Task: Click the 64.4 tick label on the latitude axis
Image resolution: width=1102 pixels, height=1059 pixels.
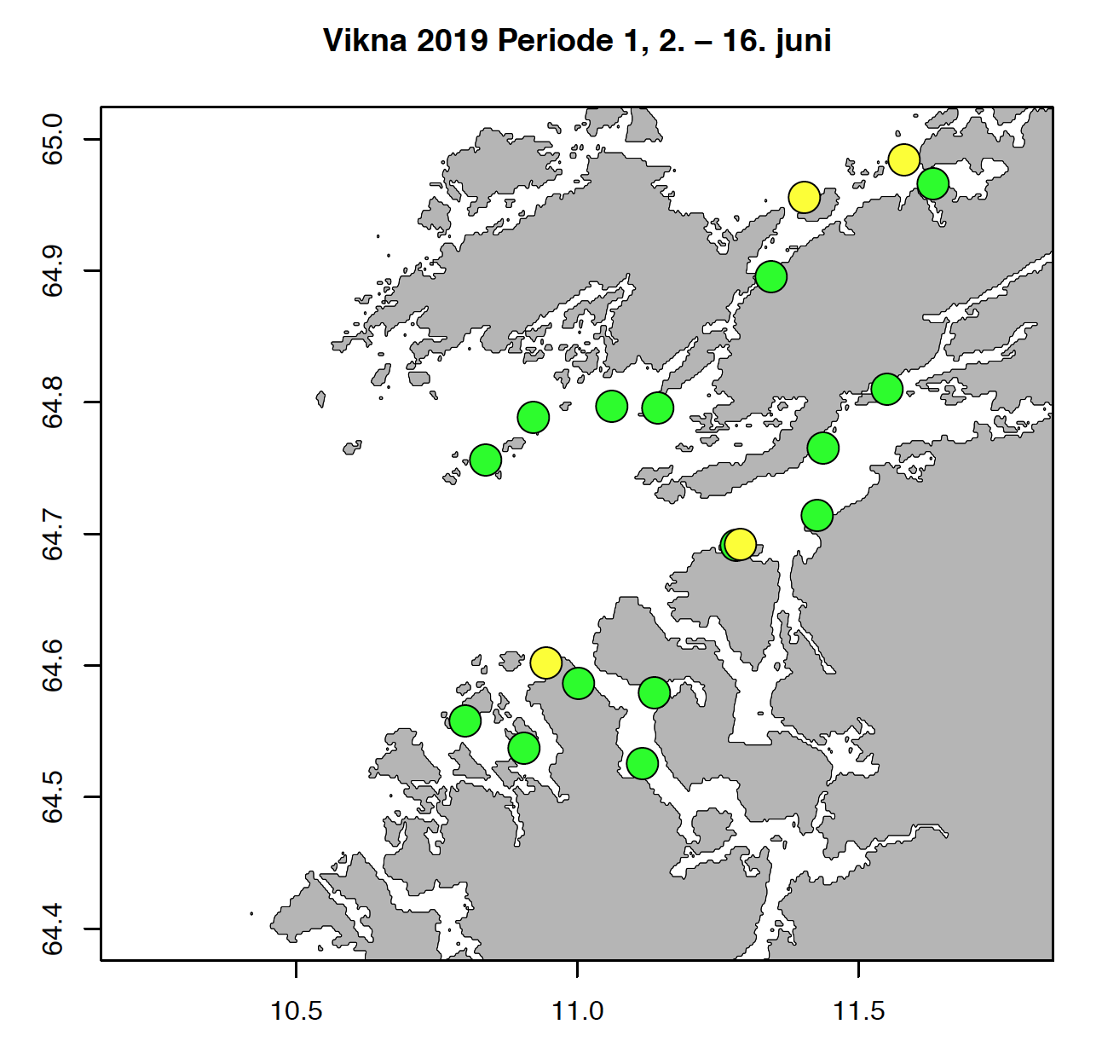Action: [x=52, y=929]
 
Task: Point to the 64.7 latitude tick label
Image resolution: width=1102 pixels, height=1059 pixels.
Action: [x=52, y=535]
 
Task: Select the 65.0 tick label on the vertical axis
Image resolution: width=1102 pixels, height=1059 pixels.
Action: [x=52, y=140]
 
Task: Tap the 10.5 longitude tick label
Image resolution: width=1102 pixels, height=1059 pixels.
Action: [x=296, y=1011]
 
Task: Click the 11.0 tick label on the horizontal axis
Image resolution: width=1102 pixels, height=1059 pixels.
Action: [x=578, y=1011]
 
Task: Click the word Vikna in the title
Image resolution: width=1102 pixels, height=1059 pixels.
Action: [x=365, y=40]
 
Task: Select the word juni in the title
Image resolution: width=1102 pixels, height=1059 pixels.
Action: [x=803, y=40]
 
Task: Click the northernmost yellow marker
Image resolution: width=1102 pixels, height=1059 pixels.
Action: [x=903, y=159]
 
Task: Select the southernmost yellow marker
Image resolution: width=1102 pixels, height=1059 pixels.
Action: [x=545, y=663]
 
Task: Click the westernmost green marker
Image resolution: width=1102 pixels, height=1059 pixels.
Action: [x=464, y=721]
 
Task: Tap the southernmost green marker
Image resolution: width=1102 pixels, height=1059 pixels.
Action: [x=642, y=762]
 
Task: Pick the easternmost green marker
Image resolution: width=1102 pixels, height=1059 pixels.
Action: [x=933, y=183]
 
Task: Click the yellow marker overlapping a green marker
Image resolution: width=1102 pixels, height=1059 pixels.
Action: [x=741, y=543]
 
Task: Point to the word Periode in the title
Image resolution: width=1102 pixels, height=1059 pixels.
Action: [x=557, y=40]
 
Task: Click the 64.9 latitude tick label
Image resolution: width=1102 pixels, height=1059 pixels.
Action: [x=52, y=271]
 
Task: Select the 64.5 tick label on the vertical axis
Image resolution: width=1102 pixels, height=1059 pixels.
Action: [x=52, y=797]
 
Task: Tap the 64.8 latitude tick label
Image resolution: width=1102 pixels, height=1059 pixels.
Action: [x=52, y=402]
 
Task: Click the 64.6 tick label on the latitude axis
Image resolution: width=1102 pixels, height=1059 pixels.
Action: [x=52, y=666]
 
